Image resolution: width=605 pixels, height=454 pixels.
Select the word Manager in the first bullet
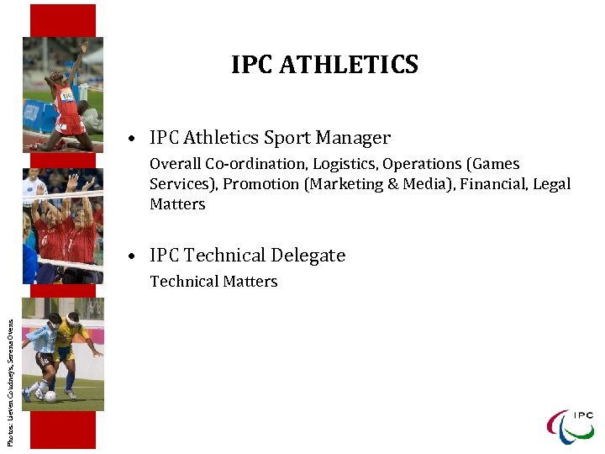click(357, 138)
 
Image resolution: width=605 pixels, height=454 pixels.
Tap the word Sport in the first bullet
click(291, 138)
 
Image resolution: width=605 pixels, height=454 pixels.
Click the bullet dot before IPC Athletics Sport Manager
click(134, 139)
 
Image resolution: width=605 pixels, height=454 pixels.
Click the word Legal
click(552, 184)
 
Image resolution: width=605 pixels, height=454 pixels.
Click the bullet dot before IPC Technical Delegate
click(134, 256)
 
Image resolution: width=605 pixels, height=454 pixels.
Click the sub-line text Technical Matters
click(213, 282)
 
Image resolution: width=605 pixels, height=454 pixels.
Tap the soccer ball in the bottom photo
click(51, 396)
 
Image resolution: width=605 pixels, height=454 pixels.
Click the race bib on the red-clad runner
click(65, 94)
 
